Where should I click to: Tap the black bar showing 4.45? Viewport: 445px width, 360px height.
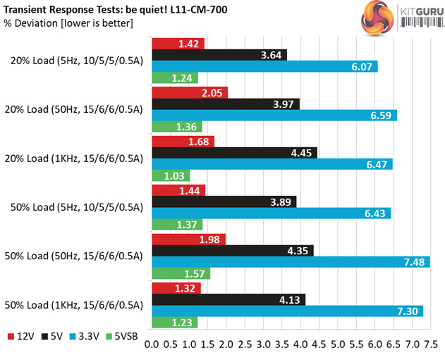point(235,153)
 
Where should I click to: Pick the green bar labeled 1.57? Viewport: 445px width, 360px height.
point(181,274)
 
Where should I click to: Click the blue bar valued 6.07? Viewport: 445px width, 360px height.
point(264,66)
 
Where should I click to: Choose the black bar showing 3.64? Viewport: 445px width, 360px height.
point(219,55)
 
